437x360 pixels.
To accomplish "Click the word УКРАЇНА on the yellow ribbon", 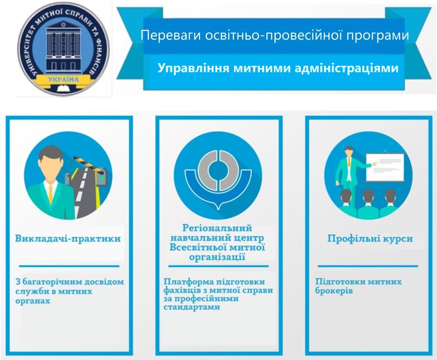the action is [63, 79].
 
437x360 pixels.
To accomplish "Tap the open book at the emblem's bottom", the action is [64, 89].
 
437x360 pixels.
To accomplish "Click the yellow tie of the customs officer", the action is [50, 193].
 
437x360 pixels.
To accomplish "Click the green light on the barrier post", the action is [102, 178].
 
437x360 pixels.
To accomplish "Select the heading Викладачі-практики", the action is [68, 239].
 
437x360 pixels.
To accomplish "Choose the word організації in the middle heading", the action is [217, 257].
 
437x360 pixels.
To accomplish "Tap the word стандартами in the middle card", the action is [192, 307].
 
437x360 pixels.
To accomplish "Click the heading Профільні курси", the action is [370, 239].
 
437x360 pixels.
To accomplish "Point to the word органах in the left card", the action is [32, 301].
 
